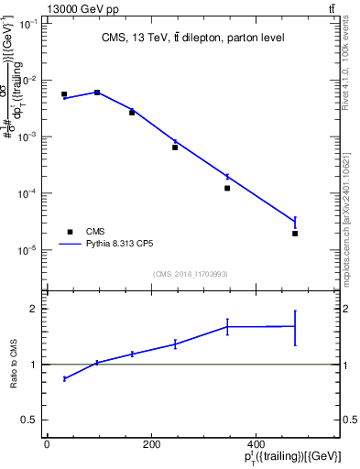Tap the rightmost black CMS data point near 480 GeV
coord(295,234)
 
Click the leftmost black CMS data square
coord(64,94)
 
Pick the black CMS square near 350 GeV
coord(227,188)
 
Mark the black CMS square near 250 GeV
coord(175,147)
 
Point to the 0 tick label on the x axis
coord(47,444)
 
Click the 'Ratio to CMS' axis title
coord(14,365)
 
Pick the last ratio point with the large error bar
coord(295,326)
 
